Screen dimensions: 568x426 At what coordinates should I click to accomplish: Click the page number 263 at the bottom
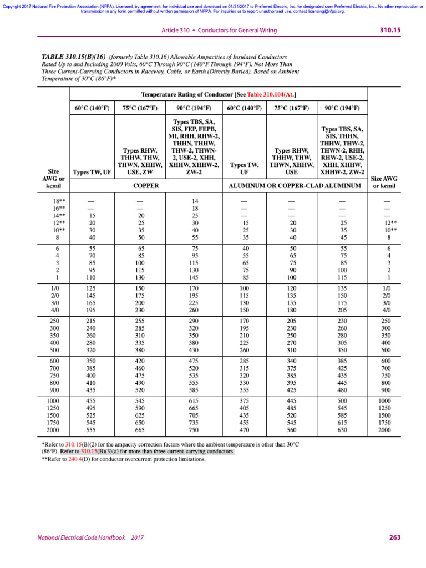394,537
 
